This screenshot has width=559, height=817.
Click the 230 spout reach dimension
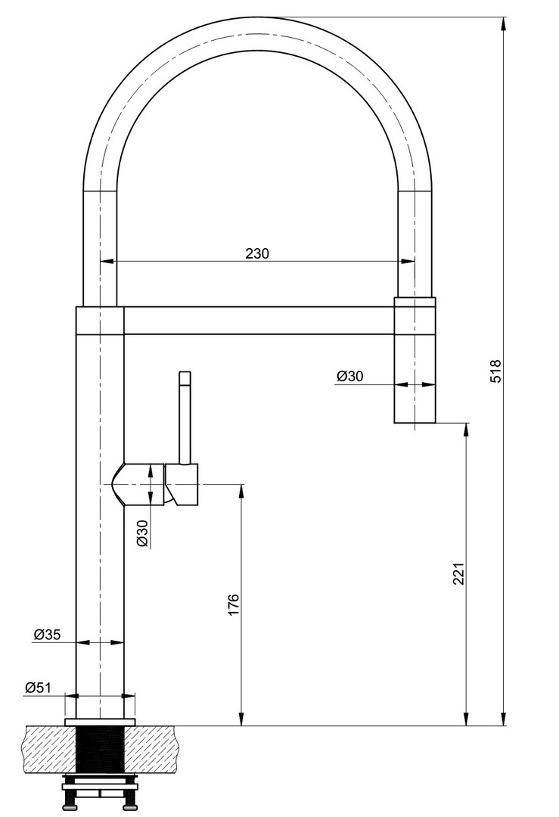click(257, 253)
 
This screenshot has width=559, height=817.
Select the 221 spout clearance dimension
click(458, 573)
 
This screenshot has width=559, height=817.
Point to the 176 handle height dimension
click(233, 604)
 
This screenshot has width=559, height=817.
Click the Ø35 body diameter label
click(48, 634)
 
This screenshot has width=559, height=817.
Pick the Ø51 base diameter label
click(38, 687)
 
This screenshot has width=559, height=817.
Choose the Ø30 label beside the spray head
click(349, 376)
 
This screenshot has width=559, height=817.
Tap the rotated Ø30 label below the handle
click(143, 533)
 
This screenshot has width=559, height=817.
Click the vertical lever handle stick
click(185, 418)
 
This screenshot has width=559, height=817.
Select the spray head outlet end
click(415, 422)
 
